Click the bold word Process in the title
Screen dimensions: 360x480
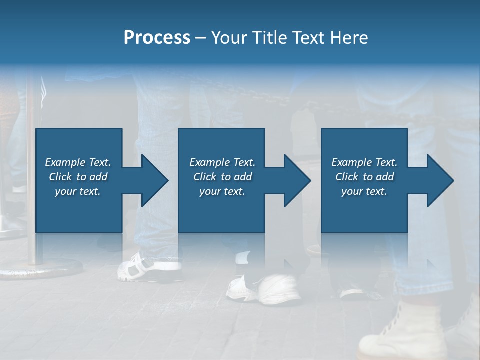157,38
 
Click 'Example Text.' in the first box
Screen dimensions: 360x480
78,162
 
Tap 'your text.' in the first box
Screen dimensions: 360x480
78,191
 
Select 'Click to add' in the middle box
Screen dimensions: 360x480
222,177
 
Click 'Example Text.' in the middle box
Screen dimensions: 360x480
222,162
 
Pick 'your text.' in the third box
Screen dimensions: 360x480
364,191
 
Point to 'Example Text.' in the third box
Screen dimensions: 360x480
364,162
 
